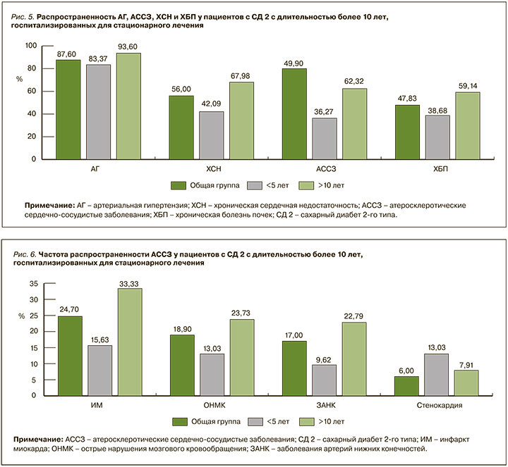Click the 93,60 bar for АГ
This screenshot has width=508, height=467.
(x=128, y=106)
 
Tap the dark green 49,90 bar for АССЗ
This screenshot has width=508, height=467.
(x=293, y=113)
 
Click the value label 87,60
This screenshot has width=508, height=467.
(x=68, y=53)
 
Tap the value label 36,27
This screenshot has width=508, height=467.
(x=323, y=111)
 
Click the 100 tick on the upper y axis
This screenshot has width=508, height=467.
(x=30, y=46)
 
